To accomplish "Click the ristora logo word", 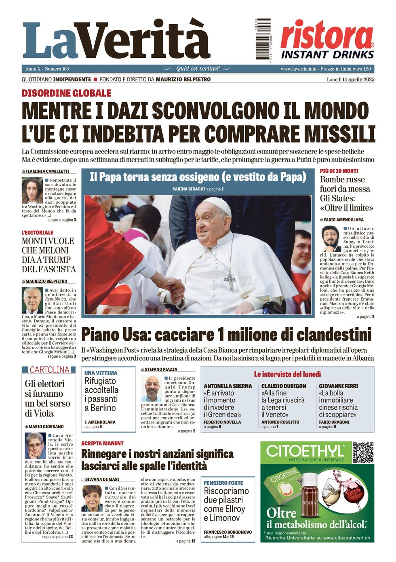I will pyautogui.click(x=326, y=35).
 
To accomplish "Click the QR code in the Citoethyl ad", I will pyautogui.click(x=363, y=453).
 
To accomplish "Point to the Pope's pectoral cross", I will pyautogui.click(x=230, y=280).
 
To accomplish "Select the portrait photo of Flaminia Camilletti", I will pyautogui.click(x=32, y=191).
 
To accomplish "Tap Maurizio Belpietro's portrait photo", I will pyautogui.click(x=32, y=300).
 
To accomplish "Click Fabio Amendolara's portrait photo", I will pyautogui.click(x=331, y=239).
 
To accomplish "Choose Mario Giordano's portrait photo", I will pyautogui.click(x=35, y=446).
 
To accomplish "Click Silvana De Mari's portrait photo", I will pyautogui.click(x=93, y=498).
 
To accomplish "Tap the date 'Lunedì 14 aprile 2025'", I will pyautogui.click(x=350, y=80).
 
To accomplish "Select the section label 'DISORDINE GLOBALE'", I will pyautogui.click(x=66, y=93).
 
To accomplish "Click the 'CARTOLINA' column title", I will pyautogui.click(x=49, y=370).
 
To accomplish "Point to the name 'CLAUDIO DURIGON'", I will pyautogui.click(x=284, y=386).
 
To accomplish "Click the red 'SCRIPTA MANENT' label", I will pyautogui.click(x=102, y=443).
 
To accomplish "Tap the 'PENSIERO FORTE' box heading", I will pyautogui.click(x=223, y=483).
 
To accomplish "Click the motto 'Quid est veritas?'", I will pyautogui.click(x=198, y=69).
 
